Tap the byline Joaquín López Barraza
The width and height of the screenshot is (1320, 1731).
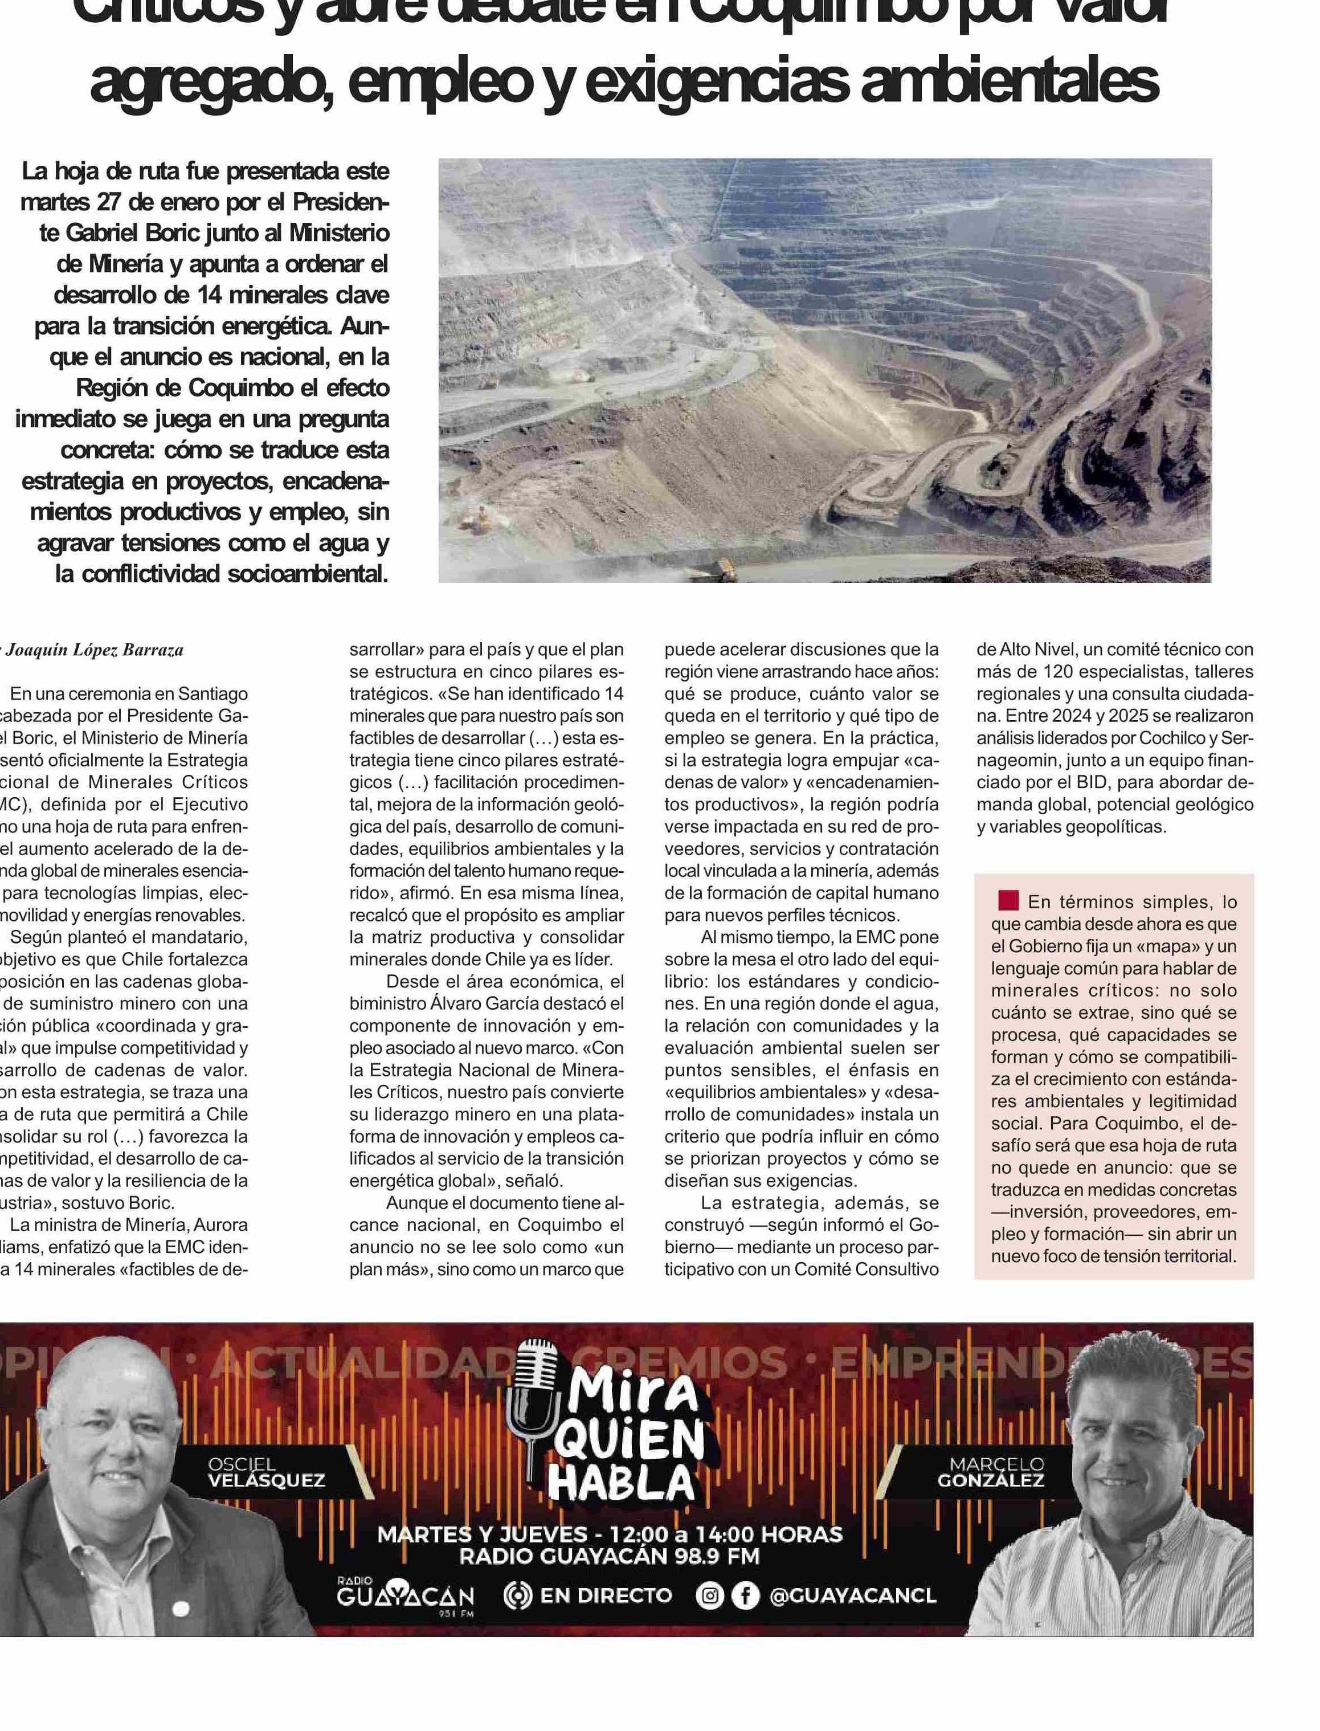coord(95,650)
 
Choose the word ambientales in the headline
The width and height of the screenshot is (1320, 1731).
coord(1009,81)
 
